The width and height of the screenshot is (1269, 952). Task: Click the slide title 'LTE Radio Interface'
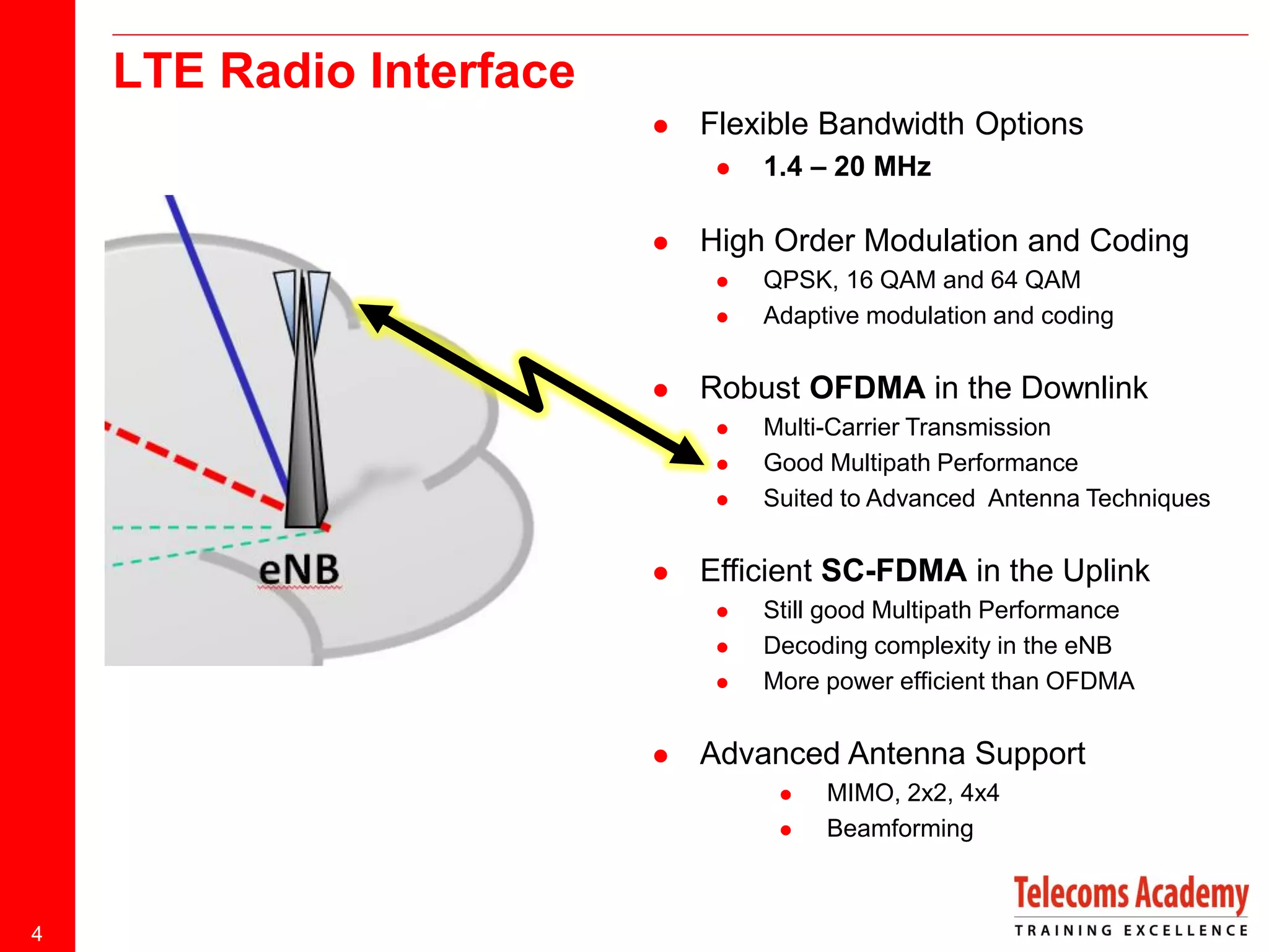tap(344, 71)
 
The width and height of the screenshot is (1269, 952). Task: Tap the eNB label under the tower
tap(299, 569)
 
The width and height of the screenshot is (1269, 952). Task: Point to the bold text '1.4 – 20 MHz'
tap(846, 167)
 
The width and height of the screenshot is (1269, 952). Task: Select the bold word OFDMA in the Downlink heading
tap(867, 388)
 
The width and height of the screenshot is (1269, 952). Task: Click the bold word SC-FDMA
tap(893, 571)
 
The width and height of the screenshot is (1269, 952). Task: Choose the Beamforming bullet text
tap(900, 829)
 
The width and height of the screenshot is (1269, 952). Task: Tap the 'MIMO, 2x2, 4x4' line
tap(912, 793)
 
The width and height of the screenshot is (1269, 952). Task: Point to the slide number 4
tap(37, 933)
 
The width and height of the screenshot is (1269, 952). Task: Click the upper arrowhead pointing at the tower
tap(375, 316)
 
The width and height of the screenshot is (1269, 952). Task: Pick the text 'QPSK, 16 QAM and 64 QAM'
tap(921, 280)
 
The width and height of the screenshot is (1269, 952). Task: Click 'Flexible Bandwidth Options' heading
tap(891, 124)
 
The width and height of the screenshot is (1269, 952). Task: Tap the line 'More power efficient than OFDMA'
tap(948, 681)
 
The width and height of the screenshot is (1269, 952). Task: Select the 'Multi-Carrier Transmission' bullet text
tap(907, 428)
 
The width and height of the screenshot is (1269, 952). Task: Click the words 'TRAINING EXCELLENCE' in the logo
tap(1130, 930)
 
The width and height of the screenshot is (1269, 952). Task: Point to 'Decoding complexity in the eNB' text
tap(937, 646)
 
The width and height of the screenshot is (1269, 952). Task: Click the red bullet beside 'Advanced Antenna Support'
tap(661, 756)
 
